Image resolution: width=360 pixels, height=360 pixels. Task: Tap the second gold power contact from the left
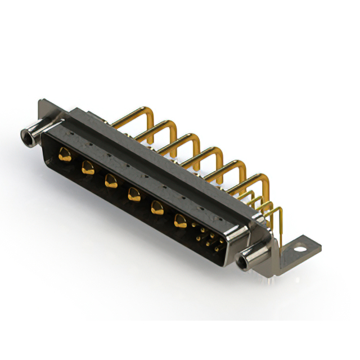pyautogui.click(x=87, y=166)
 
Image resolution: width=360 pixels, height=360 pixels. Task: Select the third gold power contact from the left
pyautogui.click(x=110, y=181)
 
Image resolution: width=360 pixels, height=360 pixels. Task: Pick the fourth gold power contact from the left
pyautogui.click(x=133, y=195)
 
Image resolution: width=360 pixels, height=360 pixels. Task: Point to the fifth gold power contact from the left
pyautogui.click(x=156, y=208)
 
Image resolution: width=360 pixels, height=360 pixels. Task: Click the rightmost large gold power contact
pyautogui.click(x=180, y=221)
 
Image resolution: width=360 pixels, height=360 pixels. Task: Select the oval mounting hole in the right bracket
pyautogui.click(x=301, y=246)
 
